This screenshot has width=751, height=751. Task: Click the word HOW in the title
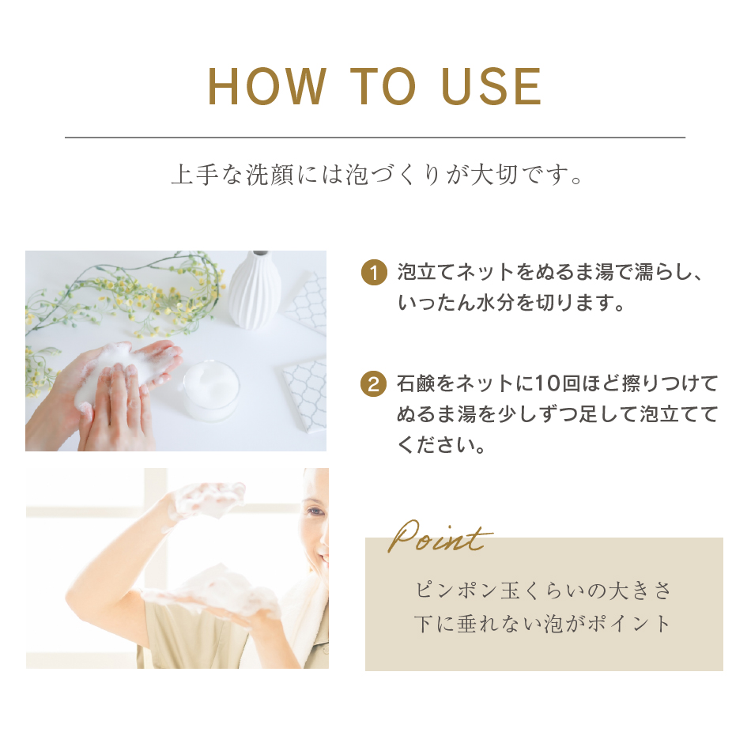click(x=266, y=86)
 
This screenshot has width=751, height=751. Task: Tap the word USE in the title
click(x=491, y=86)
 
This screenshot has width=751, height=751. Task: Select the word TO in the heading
click(x=383, y=86)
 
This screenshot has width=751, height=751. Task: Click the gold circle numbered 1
click(x=374, y=273)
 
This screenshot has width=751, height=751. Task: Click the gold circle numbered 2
click(x=374, y=384)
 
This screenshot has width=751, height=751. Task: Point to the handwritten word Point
click(x=440, y=537)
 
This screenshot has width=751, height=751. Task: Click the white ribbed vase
click(x=254, y=290)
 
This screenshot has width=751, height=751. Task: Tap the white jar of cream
click(x=211, y=391)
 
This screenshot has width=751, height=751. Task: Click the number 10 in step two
click(x=547, y=384)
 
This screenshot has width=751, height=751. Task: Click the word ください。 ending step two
click(x=442, y=444)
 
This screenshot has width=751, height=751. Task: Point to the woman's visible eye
click(x=315, y=511)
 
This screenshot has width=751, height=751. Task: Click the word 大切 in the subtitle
click(x=494, y=175)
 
